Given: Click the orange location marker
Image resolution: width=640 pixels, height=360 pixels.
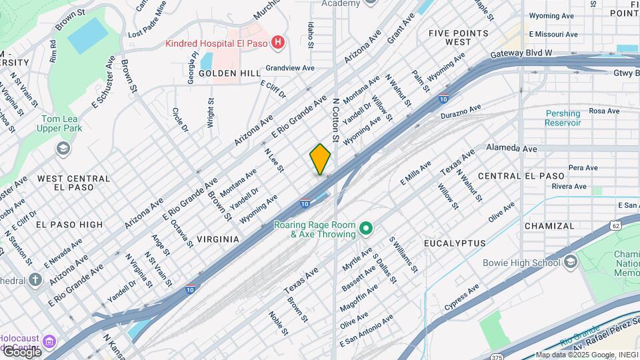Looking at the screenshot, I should pos(320,159).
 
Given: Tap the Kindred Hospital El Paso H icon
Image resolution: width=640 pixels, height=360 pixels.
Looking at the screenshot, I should pos(279,44).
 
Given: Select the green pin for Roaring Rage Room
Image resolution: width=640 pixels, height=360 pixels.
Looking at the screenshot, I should pos(365,229).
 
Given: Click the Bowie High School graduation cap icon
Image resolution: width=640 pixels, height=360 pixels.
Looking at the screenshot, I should pos(570,263).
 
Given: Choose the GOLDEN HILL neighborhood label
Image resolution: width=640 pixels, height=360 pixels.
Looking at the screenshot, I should pos(220,73).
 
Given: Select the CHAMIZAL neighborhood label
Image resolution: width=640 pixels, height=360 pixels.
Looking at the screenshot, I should pos(549,226).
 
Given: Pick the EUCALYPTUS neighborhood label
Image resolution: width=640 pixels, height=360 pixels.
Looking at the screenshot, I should pos(454,243).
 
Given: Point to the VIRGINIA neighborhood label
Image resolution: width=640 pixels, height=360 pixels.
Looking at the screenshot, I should pos(218,239).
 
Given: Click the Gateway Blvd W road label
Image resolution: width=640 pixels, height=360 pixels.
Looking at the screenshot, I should pos(521,53).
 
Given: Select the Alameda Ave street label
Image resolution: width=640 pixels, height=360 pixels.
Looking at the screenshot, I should pos(511,148).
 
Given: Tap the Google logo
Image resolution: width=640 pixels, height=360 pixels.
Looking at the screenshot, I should pos(21,351).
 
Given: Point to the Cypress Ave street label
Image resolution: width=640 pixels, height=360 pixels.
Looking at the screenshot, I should pos(462,298).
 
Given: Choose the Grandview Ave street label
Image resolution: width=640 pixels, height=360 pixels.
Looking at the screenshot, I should pos(289,68).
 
